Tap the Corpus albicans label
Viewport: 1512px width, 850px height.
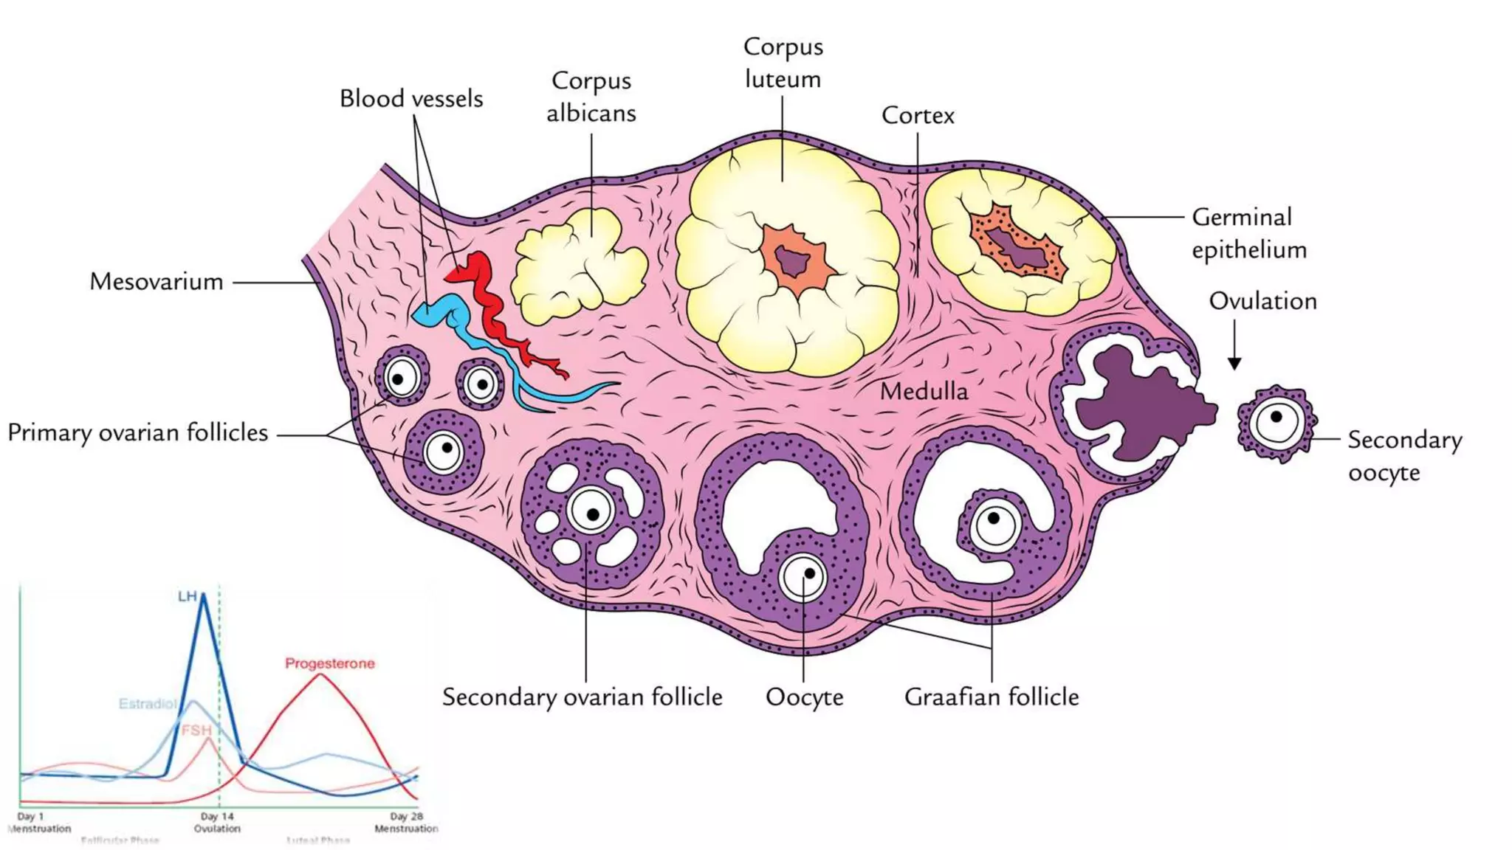tap(591, 97)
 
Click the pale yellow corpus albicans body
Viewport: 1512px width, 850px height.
tap(576, 266)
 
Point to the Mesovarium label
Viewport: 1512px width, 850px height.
tap(157, 282)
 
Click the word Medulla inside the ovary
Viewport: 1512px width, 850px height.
tap(924, 391)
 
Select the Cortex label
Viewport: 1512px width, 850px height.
tap(918, 115)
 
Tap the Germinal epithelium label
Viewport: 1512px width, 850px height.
tap(1248, 233)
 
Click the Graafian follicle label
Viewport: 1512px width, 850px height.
tap(992, 697)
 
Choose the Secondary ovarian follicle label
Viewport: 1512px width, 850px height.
tap(582, 697)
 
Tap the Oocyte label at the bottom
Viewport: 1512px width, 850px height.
tap(804, 697)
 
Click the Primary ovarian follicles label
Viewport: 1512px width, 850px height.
tap(138, 432)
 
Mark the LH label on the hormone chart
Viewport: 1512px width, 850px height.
tap(188, 595)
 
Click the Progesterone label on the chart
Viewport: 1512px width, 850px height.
tap(330, 663)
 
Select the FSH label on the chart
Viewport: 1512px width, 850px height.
tap(196, 730)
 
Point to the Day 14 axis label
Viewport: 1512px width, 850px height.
tap(217, 817)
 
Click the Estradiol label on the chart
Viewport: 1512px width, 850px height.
tap(148, 703)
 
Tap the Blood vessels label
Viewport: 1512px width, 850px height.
tap(411, 99)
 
